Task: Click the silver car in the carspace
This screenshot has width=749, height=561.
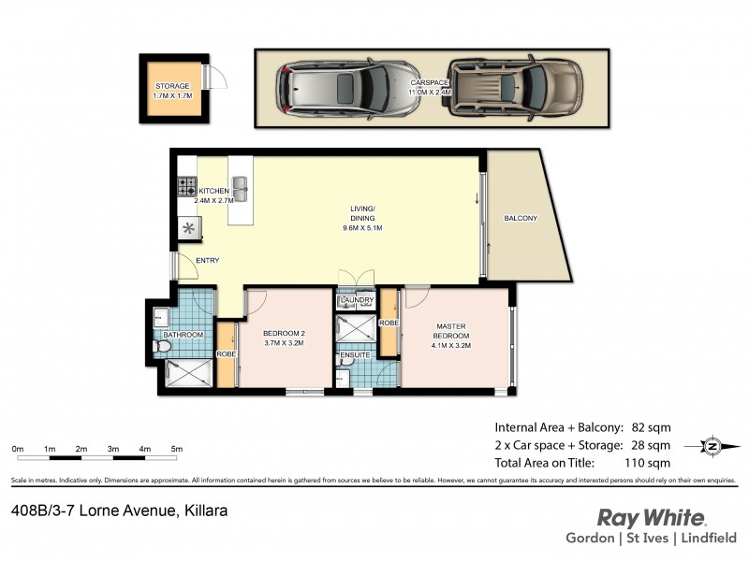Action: coord(346,89)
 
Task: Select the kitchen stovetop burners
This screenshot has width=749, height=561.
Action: coord(186,186)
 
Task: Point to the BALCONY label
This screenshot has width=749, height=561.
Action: coord(521,218)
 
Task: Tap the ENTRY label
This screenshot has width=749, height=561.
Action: coord(207,261)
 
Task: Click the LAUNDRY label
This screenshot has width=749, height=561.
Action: coord(357,300)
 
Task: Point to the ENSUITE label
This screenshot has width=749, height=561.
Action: coord(356,355)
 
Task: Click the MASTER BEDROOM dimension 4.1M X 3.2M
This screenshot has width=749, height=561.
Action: coord(451,345)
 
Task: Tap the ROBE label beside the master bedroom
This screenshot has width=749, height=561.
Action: coord(389,323)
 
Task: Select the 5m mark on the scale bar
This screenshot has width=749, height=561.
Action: coord(176,450)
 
